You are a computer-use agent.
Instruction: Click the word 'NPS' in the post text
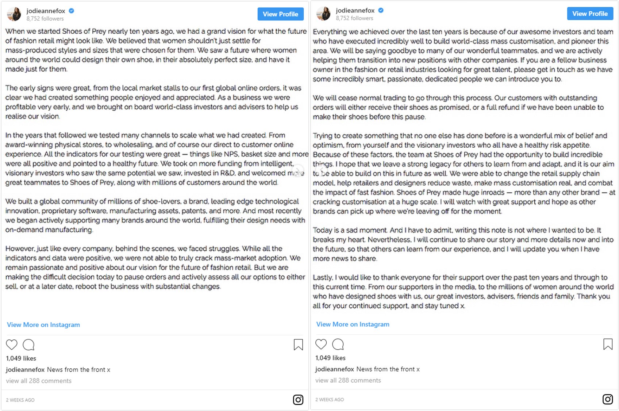tap(231, 154)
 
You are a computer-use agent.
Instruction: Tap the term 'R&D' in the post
tap(227, 173)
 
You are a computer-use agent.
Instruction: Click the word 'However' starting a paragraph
tap(19, 249)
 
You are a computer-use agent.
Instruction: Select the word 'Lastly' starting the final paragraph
tap(322, 277)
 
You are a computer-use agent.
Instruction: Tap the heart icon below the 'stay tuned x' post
tap(321, 344)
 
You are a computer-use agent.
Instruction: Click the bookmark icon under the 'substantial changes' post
tap(298, 345)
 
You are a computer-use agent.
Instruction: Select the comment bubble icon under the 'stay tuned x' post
tap(338, 344)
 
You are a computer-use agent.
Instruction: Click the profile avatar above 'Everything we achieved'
tap(323, 14)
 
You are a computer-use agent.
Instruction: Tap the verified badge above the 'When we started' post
tap(72, 11)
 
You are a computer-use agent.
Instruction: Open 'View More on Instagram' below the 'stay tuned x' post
tap(353, 324)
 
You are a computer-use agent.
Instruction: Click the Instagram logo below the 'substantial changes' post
tap(298, 400)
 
